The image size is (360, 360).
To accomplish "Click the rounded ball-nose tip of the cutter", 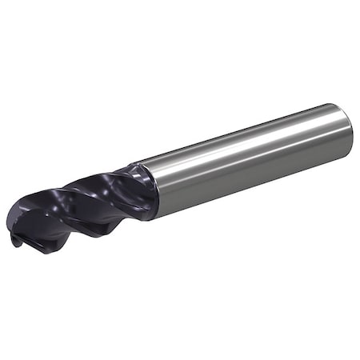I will click(18, 232).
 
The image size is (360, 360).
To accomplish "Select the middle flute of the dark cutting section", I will click(80, 212).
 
